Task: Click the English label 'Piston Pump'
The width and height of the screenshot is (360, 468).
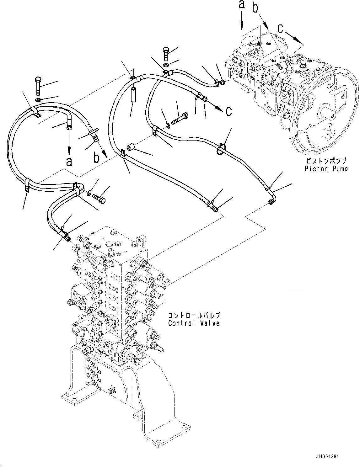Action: pos(326,169)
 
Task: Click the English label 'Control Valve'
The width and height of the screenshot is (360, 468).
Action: pos(194,323)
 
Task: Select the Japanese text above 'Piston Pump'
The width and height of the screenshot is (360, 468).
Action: pos(326,161)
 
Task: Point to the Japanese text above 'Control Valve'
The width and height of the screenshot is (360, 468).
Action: pos(194,315)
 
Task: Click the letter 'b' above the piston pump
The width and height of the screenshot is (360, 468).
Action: pos(256,8)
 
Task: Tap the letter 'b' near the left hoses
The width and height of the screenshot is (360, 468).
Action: pos(96,157)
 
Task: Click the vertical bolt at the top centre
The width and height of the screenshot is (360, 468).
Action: pos(166,54)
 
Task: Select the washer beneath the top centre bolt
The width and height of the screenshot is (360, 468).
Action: pos(165,65)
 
